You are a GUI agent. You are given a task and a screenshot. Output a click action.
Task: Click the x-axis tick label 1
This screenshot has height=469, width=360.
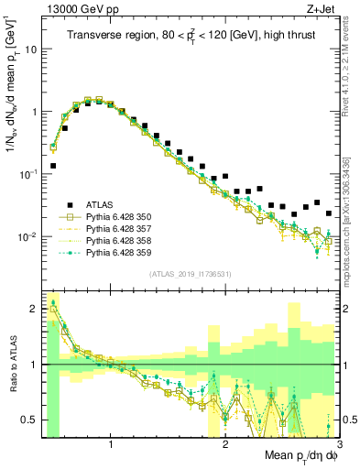click(111, 444)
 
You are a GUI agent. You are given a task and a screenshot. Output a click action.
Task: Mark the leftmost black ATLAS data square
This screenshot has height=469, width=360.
click(53, 166)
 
